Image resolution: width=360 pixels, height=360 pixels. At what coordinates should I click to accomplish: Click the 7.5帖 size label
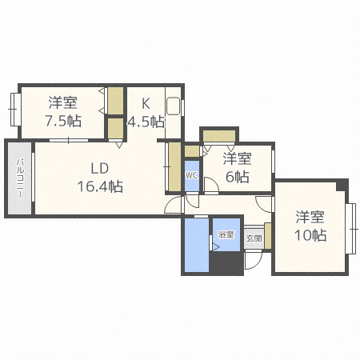click(x=62, y=121)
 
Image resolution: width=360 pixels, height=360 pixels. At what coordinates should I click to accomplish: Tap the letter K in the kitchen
click(x=146, y=103)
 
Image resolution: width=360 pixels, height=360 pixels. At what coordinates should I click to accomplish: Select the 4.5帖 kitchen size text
click(x=146, y=122)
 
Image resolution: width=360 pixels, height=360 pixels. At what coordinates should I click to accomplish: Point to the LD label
click(x=99, y=168)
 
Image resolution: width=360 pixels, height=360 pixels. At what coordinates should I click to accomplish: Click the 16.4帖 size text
click(x=99, y=186)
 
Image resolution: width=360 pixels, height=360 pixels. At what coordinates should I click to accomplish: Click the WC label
click(x=192, y=174)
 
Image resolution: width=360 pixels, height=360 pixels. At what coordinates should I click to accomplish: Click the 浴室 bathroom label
click(x=226, y=234)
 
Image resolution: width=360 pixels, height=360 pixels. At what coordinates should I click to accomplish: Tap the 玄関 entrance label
click(x=254, y=238)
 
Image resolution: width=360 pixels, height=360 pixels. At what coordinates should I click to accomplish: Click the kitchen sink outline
click(x=174, y=106)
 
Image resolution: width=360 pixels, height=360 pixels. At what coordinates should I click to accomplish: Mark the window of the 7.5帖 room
click(x=13, y=109)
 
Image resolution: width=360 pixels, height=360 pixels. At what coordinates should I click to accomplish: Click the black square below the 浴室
click(x=226, y=264)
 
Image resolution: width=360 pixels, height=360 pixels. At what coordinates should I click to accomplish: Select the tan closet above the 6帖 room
click(x=218, y=134)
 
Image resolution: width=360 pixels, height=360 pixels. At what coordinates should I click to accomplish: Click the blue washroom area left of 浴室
click(x=198, y=244)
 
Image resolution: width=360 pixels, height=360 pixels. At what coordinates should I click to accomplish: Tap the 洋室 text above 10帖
click(x=310, y=216)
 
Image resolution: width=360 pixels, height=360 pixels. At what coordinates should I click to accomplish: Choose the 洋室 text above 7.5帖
click(x=62, y=102)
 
